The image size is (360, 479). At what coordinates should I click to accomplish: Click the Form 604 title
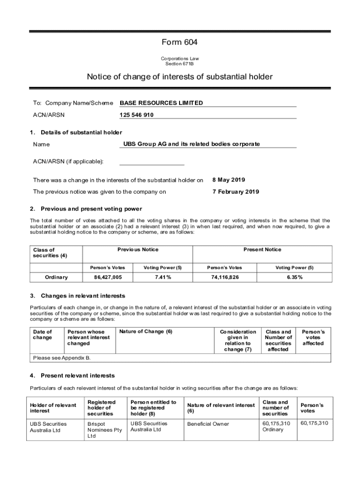(180, 42)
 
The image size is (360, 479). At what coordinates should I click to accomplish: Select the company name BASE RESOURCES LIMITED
(161, 103)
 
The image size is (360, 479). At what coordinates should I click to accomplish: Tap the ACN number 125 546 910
(137, 115)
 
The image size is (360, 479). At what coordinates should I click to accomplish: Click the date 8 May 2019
(229, 180)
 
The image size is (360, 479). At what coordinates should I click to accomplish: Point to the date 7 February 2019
(236, 191)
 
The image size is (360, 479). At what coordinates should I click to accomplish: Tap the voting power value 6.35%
(294, 277)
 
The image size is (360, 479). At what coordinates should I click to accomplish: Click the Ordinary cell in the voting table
(56, 277)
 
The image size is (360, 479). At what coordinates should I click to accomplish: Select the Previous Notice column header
(138, 250)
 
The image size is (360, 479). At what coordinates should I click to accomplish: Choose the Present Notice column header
(262, 250)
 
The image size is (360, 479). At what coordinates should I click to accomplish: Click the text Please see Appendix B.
(62, 358)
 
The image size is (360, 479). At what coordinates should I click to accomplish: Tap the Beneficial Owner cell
(208, 424)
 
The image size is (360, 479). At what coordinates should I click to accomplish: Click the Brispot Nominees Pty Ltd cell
(104, 429)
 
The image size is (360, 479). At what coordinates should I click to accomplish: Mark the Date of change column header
(43, 334)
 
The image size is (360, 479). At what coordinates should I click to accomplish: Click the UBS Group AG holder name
(191, 144)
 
